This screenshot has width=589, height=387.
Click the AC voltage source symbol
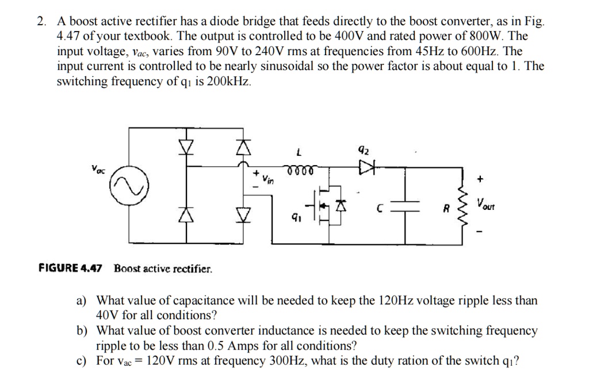click(x=130, y=188)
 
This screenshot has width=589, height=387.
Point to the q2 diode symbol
click(x=366, y=168)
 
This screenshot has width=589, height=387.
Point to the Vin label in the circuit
click(x=268, y=181)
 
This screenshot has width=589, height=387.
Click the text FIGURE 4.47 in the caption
click(x=70, y=268)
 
